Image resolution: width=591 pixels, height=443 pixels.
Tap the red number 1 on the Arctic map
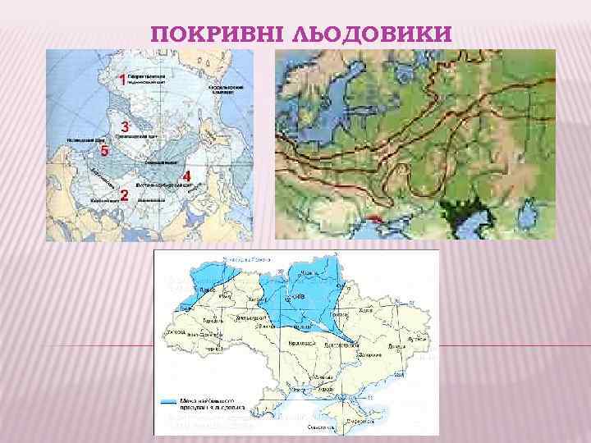[122, 80]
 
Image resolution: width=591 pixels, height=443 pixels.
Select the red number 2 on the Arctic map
[123, 195]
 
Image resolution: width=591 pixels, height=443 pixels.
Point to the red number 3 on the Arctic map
[125, 127]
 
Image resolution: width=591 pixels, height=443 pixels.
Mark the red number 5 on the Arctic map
[104, 151]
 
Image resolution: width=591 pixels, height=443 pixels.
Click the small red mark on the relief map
[373, 219]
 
